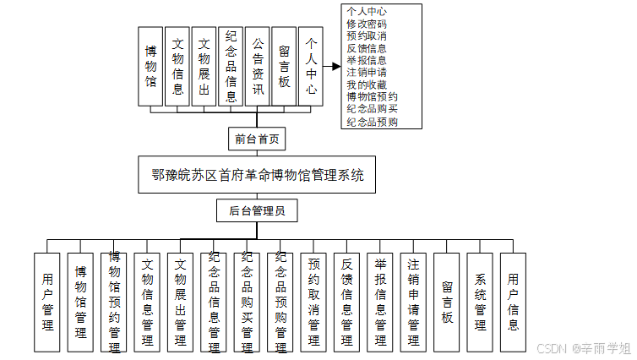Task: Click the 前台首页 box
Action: [x=258, y=138]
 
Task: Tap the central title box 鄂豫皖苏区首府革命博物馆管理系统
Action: [x=258, y=176]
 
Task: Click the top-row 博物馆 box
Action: [x=150, y=66]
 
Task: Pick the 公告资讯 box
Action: [x=258, y=66]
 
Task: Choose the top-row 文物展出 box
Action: [x=204, y=66]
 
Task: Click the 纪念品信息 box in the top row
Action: [x=231, y=66]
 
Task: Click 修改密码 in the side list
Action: [x=367, y=25]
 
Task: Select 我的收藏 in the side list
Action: [x=367, y=85]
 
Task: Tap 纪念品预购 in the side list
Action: [x=373, y=122]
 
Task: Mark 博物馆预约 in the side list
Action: [x=373, y=97]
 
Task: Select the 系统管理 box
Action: [x=480, y=302]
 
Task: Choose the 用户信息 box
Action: [x=513, y=302]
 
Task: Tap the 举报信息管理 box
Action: [x=380, y=302]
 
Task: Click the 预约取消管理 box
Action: [x=314, y=302]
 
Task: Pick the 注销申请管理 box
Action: [x=413, y=302]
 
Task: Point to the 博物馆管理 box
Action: [x=81, y=302]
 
